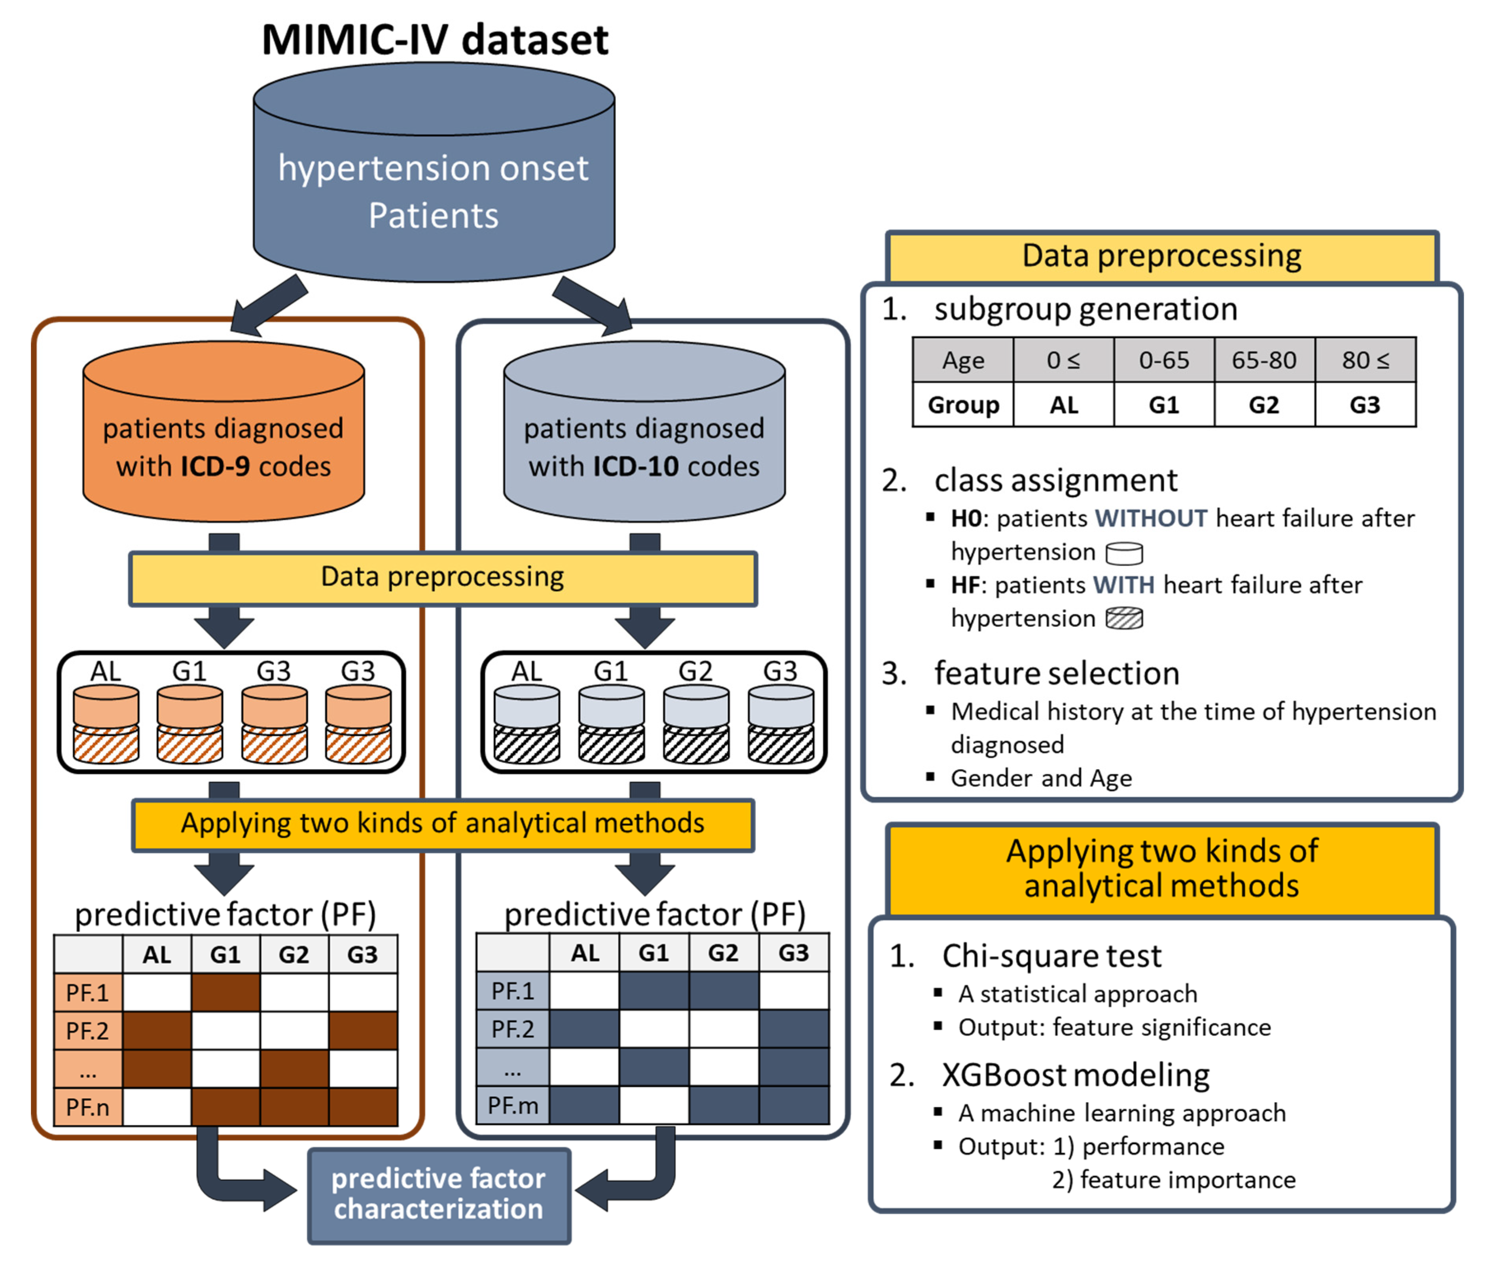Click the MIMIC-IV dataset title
[x=434, y=40]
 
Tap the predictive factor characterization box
[x=439, y=1194]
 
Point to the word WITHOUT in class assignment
[x=1151, y=518]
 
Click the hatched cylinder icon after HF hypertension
[x=1124, y=618]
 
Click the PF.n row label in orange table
[x=87, y=1107]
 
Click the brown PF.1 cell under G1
[x=225, y=993]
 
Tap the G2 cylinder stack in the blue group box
[x=696, y=724]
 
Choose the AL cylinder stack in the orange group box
[x=106, y=724]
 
